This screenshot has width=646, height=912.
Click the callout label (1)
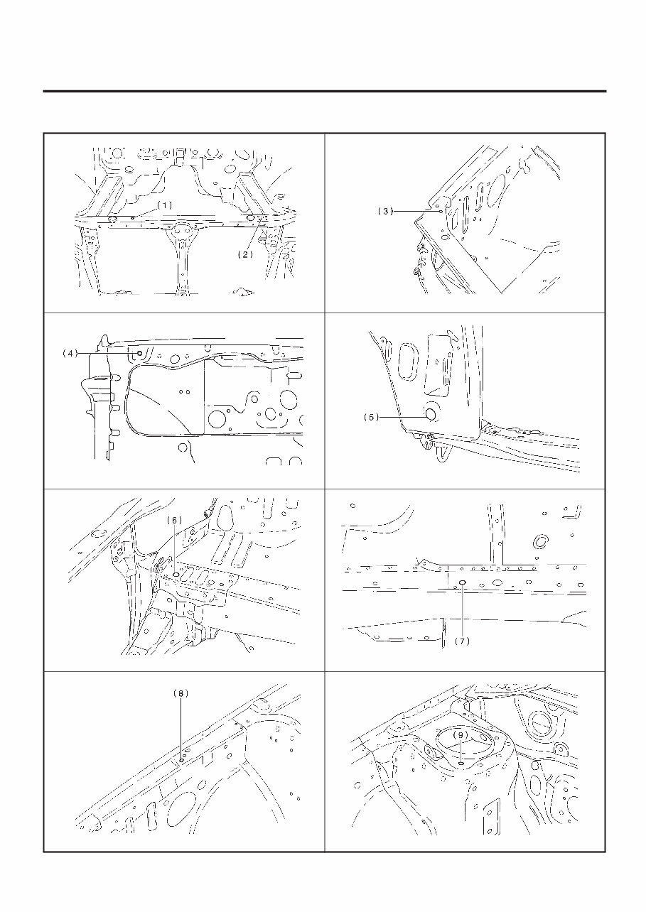click(x=164, y=205)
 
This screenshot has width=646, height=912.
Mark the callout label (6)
click(x=175, y=520)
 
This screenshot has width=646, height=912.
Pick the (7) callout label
click(x=463, y=640)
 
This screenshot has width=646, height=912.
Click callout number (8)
click(x=181, y=693)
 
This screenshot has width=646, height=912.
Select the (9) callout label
click(x=461, y=734)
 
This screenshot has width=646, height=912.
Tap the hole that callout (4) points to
click(x=141, y=353)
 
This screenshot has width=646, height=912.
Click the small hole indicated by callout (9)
click(x=462, y=762)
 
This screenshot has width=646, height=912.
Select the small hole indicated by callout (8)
click(x=182, y=759)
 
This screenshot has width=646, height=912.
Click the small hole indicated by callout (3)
click(x=441, y=211)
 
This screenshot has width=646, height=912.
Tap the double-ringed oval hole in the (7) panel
click(x=539, y=542)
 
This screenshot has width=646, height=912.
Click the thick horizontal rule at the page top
click(x=324, y=92)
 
